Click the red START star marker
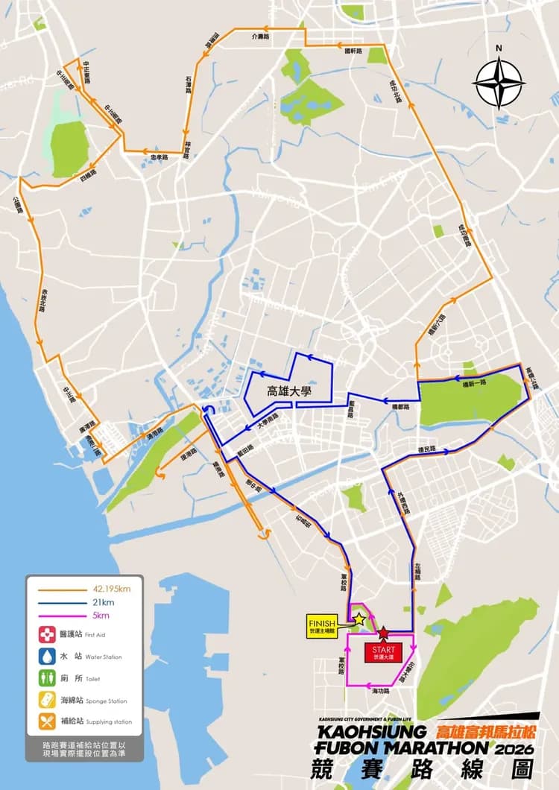(x=383, y=633)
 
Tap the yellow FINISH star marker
(x=359, y=619)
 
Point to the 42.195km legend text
(x=112, y=589)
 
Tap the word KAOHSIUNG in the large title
(x=373, y=731)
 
